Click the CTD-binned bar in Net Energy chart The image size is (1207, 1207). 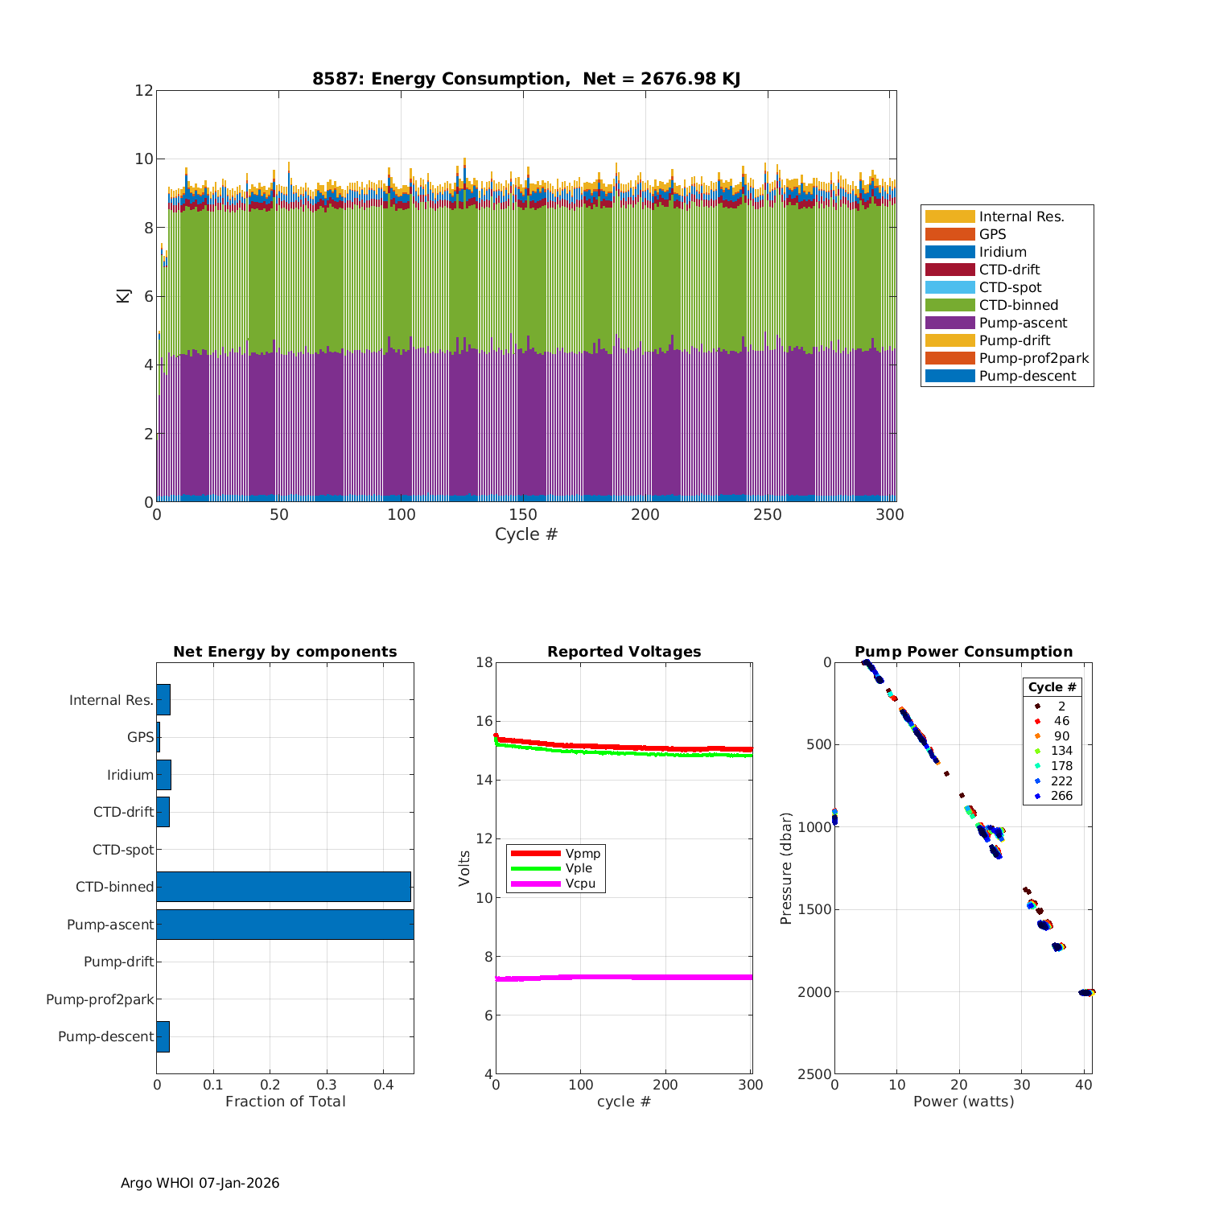pos(283,886)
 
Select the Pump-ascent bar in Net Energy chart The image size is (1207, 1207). pos(285,924)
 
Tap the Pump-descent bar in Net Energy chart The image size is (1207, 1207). pos(163,1036)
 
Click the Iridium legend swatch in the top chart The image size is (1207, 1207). pos(950,252)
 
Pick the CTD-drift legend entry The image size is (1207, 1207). pos(1009,270)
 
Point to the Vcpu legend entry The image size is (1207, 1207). pos(580,884)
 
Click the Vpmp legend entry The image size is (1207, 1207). pos(583,853)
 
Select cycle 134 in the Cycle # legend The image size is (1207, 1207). pos(1061,751)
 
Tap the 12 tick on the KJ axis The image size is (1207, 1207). pos(144,90)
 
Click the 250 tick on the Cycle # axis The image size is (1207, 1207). pos(767,515)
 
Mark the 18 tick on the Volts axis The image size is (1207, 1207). pos(484,662)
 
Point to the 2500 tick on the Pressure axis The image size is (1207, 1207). pos(814,1074)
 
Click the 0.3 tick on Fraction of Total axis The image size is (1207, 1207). pos(327,1085)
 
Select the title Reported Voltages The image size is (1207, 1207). pos(624,652)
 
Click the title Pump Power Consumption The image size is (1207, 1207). pos(963,652)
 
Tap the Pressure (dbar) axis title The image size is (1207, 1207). pos(786,868)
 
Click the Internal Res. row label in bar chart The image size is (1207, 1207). pos(111,700)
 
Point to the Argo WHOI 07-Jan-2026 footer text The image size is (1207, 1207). pos(200,1183)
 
